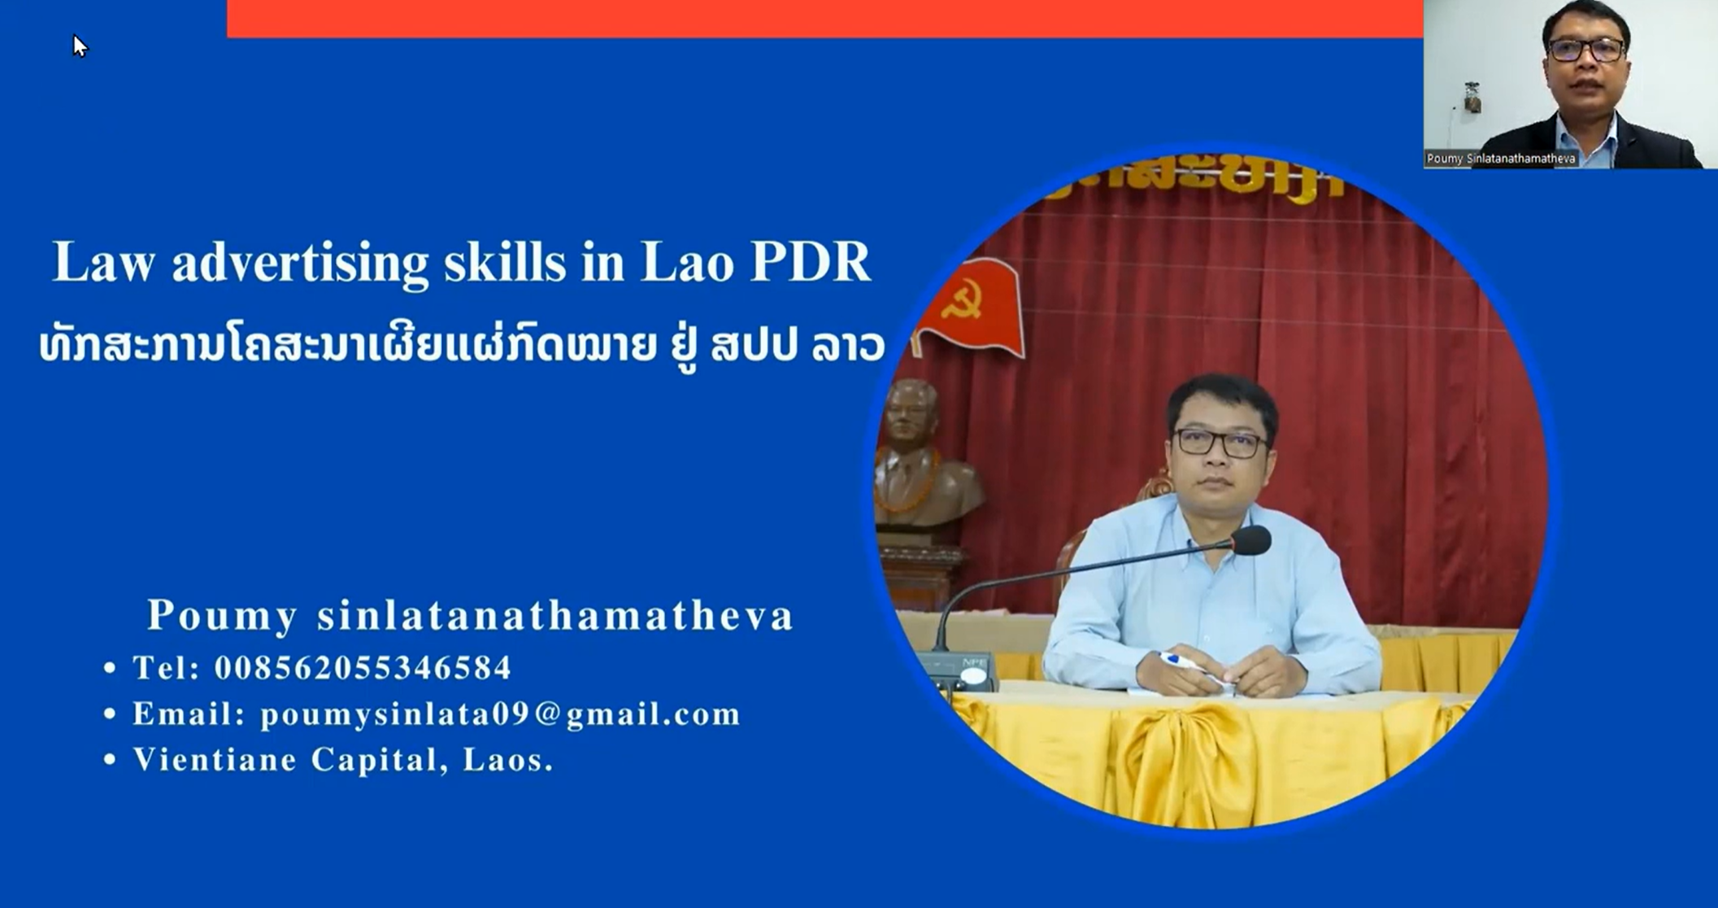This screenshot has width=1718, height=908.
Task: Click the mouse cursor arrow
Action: (x=79, y=46)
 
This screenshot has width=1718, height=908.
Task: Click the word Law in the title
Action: (x=103, y=262)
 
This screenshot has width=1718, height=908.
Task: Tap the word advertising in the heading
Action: (x=300, y=264)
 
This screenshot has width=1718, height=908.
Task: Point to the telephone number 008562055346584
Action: (x=363, y=668)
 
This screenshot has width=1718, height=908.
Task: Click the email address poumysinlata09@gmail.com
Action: (x=500, y=714)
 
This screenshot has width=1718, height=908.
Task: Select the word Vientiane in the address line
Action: (x=215, y=759)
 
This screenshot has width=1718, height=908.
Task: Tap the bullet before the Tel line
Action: (x=110, y=669)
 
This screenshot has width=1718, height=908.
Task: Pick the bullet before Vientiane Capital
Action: (x=110, y=760)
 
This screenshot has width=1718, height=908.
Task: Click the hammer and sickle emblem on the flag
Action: (x=963, y=299)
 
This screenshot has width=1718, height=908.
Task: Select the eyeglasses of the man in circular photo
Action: (x=1220, y=443)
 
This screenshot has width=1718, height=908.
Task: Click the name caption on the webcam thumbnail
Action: (x=1501, y=159)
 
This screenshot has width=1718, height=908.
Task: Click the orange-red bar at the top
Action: (x=824, y=18)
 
